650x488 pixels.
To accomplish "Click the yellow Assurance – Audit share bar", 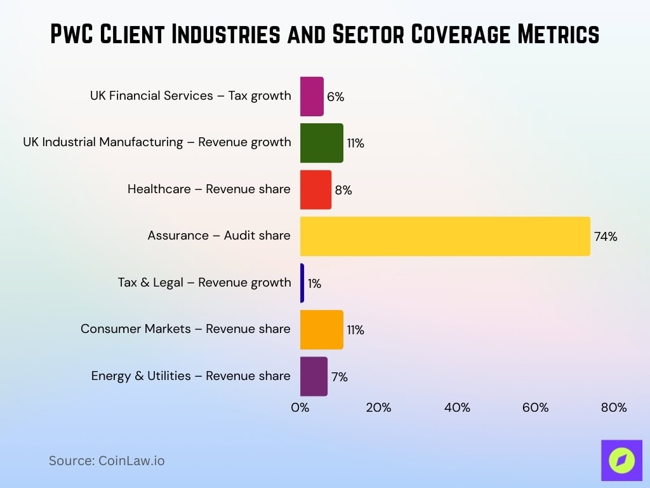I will (x=444, y=236).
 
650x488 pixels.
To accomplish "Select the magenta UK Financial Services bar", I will (x=312, y=97).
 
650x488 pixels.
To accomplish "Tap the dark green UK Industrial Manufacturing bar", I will (x=321, y=143).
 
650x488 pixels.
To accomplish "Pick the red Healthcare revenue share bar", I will (x=315, y=189).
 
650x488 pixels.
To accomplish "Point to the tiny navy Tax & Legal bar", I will (x=302, y=283).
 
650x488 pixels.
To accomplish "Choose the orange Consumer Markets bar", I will (x=321, y=330).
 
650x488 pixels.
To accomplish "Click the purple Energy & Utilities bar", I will (x=314, y=376).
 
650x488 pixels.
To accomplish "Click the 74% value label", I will (x=605, y=237).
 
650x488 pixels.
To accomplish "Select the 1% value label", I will (x=314, y=284).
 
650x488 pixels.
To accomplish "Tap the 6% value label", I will (x=335, y=97).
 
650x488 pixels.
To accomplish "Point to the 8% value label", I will (x=343, y=190).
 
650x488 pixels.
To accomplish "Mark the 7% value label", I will (x=339, y=377).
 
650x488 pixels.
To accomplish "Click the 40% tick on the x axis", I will (x=457, y=408).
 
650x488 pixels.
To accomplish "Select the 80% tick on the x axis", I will (x=613, y=408).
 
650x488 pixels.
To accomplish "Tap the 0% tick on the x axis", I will (x=300, y=408).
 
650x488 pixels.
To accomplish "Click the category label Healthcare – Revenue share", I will (x=209, y=189).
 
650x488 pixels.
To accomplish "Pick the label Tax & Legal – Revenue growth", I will (x=204, y=282).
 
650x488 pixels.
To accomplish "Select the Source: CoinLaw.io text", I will (x=107, y=461).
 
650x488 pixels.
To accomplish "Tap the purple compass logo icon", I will (x=621, y=461).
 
